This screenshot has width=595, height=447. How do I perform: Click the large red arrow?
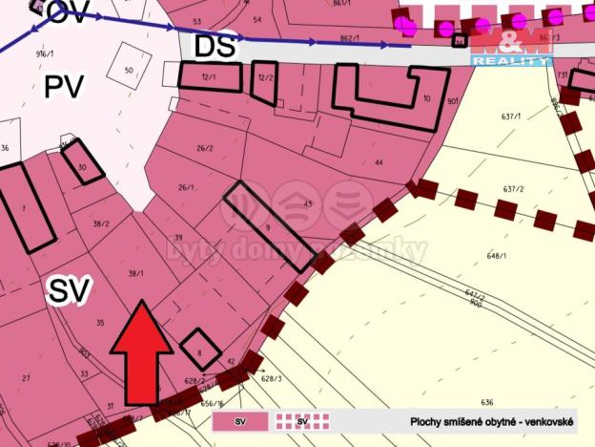point(141,353)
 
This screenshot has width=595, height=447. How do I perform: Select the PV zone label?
point(64,88)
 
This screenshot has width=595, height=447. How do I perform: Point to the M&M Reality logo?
point(512,45)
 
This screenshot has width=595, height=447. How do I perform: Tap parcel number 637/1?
point(511,117)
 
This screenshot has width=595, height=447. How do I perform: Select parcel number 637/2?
point(515,189)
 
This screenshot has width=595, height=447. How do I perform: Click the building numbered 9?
point(268,227)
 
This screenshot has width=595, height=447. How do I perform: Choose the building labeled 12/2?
point(264,82)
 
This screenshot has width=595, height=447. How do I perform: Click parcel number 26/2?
point(203,148)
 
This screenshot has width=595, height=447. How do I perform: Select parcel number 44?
point(379,163)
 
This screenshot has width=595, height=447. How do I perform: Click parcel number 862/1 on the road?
point(349,38)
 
